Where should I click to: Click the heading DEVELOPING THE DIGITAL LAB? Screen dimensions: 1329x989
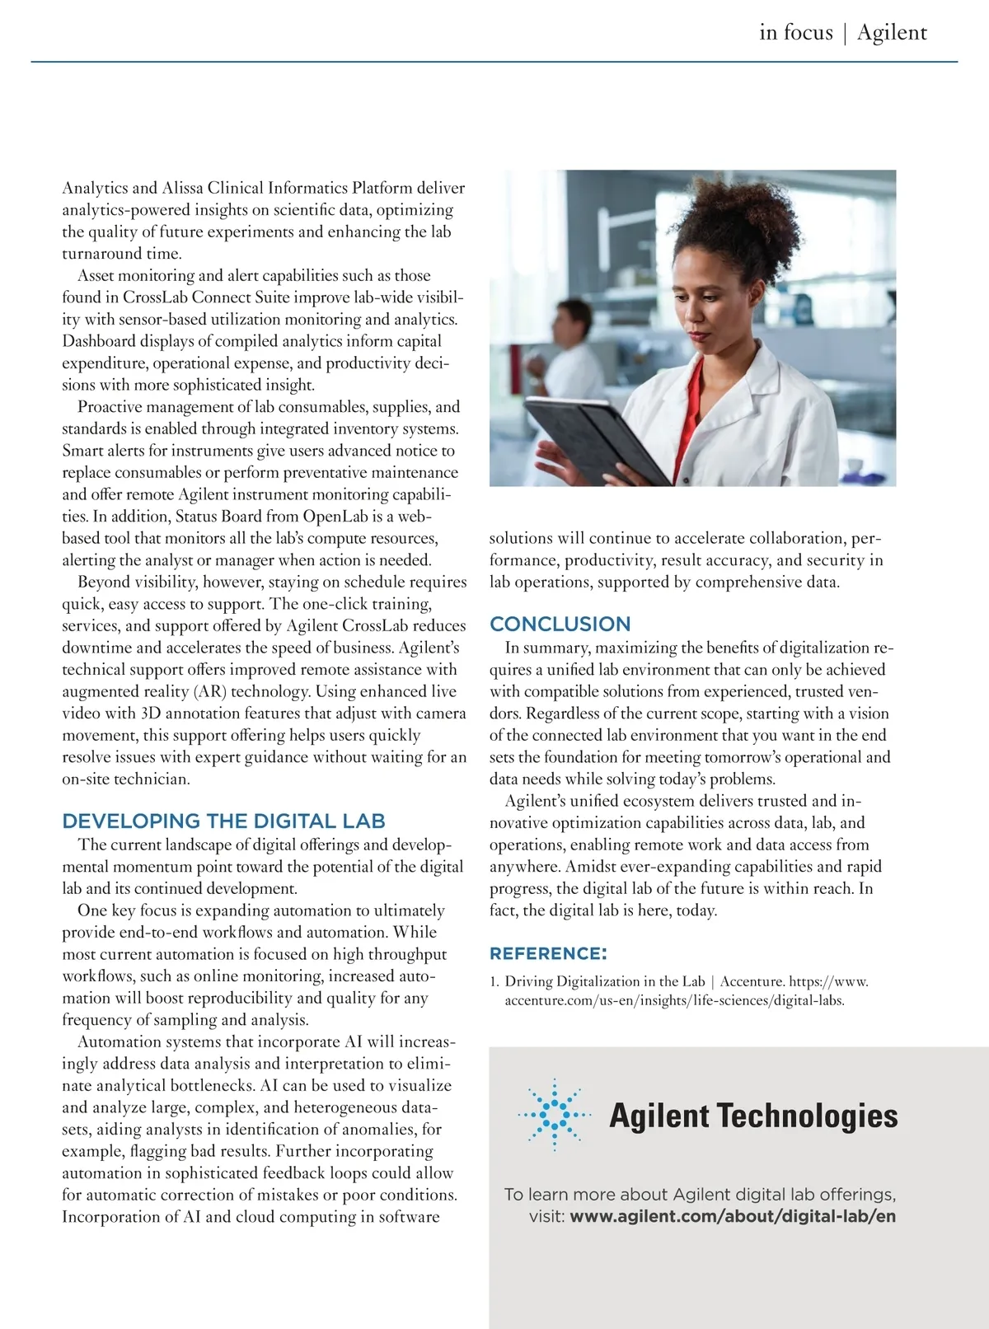[x=223, y=821]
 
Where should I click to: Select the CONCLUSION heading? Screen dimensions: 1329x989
[x=560, y=625]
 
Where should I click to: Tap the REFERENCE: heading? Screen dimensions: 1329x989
[x=548, y=954]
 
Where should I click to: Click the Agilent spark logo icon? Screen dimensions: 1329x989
[x=555, y=1114]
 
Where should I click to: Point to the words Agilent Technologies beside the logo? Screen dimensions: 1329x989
[x=753, y=1116]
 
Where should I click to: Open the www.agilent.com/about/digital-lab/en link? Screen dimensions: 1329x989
[x=733, y=1216]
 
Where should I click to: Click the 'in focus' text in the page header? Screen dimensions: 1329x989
[x=796, y=32]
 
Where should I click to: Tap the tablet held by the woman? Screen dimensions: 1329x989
[x=593, y=437]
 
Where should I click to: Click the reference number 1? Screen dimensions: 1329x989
[x=494, y=981]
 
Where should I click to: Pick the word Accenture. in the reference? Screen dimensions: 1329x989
[x=752, y=981]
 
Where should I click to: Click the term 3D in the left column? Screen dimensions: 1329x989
[x=150, y=714]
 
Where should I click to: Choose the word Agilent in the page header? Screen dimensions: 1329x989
[x=892, y=32]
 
